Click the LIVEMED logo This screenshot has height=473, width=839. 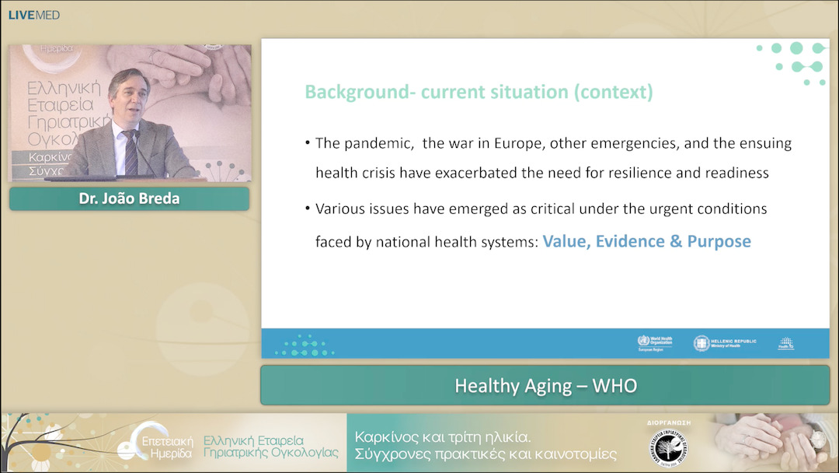(33, 15)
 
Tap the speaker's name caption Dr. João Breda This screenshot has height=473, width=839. (129, 198)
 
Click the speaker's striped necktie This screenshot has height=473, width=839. (131, 152)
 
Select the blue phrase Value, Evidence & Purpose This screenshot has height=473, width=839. (646, 241)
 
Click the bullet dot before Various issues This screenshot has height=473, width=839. (308, 209)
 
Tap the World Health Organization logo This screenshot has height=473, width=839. (655, 343)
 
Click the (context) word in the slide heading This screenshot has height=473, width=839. (613, 92)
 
